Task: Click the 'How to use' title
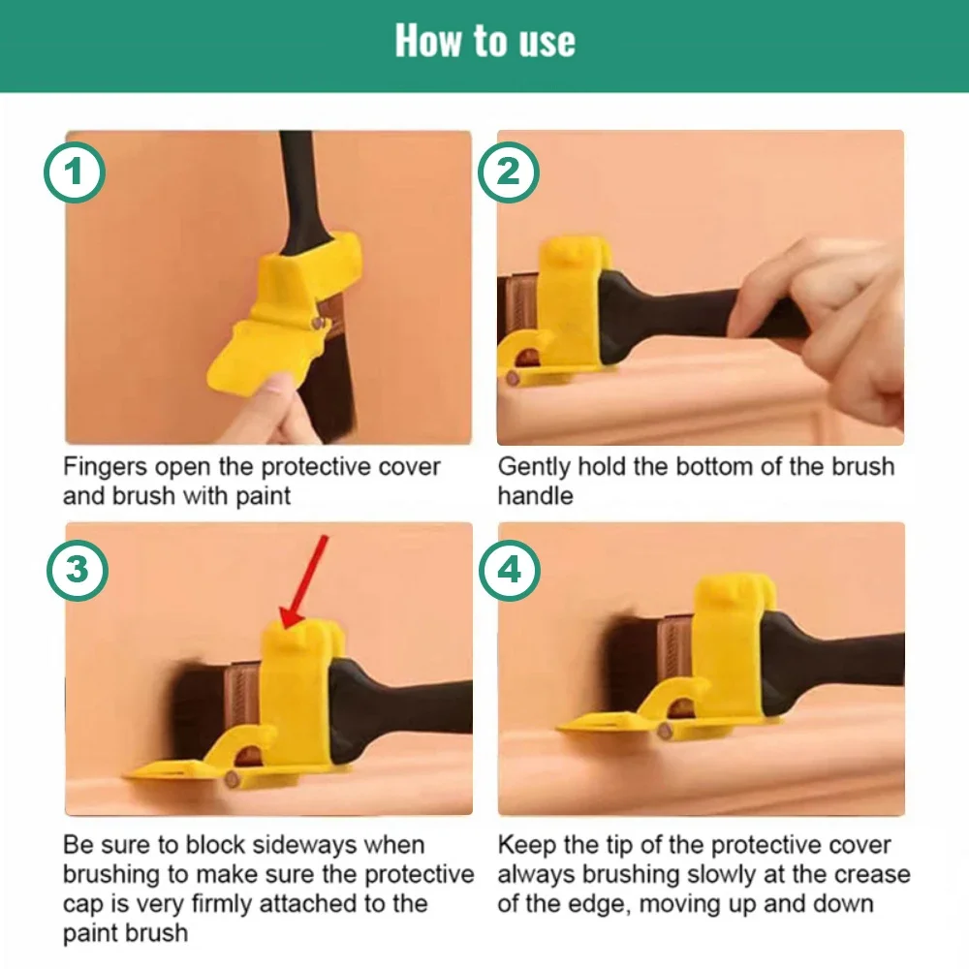484,42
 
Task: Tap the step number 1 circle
75,174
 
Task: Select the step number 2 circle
508,174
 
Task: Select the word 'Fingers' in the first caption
103,467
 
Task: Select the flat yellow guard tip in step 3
174,770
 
